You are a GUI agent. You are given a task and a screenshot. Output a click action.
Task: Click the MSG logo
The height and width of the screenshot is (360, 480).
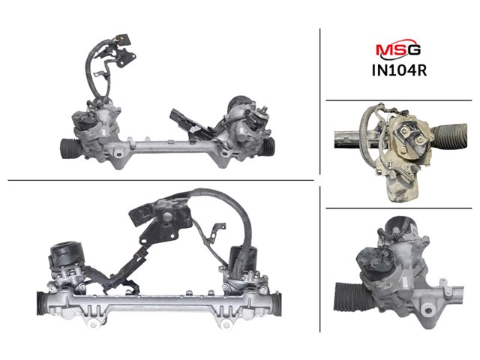pyautogui.click(x=398, y=49)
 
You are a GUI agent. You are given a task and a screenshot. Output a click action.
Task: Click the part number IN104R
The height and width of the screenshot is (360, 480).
pyautogui.click(x=399, y=70)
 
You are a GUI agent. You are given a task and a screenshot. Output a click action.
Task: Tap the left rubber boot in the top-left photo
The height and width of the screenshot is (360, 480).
pyautogui.click(x=70, y=148)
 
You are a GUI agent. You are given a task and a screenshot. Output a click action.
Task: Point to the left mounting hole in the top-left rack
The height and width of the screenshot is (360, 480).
pyautogui.click(x=118, y=153)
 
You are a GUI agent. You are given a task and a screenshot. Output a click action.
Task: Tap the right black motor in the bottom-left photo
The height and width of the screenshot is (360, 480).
pyautogui.click(x=243, y=258)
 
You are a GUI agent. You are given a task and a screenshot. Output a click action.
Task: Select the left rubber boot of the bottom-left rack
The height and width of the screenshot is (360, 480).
pyautogui.click(x=42, y=303)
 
